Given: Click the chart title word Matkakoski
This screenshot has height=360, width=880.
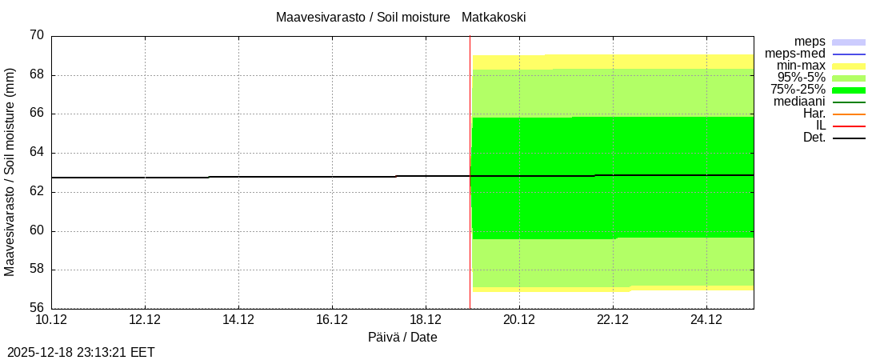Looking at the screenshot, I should pos(494,17).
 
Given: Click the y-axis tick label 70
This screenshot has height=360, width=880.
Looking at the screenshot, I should pos(37,35).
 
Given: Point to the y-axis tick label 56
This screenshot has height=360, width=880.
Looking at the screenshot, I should pos(37,308).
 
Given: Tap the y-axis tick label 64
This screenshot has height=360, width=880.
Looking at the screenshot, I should pos(37,152).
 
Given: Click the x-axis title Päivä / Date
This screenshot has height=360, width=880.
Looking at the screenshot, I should pos(402,338).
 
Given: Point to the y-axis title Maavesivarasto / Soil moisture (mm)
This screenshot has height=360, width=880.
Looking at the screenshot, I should pos(10,171).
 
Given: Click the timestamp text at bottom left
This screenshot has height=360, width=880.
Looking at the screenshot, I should pos(81,351).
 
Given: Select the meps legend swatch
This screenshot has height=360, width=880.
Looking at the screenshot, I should pos(849,42).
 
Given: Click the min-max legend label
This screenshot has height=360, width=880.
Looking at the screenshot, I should pos(801,66).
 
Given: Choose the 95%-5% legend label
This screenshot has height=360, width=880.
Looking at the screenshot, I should pos(802,78).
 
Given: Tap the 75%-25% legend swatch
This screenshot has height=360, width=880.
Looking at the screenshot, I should pos(849,90).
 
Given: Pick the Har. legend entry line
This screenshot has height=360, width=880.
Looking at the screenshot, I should pos(849,114).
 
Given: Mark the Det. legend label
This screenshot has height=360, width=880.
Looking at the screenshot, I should pos(814,138).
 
